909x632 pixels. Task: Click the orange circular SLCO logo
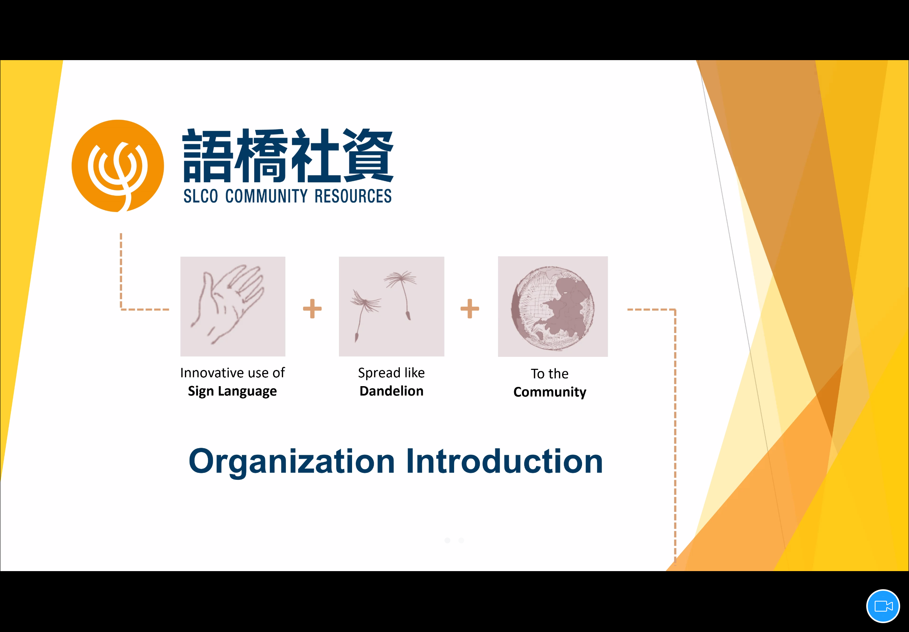coord(117,166)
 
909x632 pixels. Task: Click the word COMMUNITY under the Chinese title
coord(266,196)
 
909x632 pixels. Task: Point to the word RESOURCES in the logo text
coord(353,196)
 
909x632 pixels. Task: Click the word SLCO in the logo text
coord(201,196)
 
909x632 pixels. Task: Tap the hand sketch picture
coord(233,306)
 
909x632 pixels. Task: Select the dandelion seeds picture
coord(391,306)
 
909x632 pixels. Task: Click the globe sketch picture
coord(553,306)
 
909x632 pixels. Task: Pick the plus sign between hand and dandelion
coord(312,308)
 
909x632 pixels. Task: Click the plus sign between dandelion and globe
coord(470,308)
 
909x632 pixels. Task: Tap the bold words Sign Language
coord(232,391)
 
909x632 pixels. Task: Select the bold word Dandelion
coord(391,391)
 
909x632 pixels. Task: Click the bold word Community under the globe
coord(550,392)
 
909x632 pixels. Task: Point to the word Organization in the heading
coord(292,462)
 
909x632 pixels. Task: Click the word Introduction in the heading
coord(505,461)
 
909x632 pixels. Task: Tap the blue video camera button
coord(883,606)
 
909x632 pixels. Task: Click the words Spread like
coord(391,373)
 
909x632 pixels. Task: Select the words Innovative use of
coord(232,373)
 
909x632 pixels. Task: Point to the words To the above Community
coord(550,373)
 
